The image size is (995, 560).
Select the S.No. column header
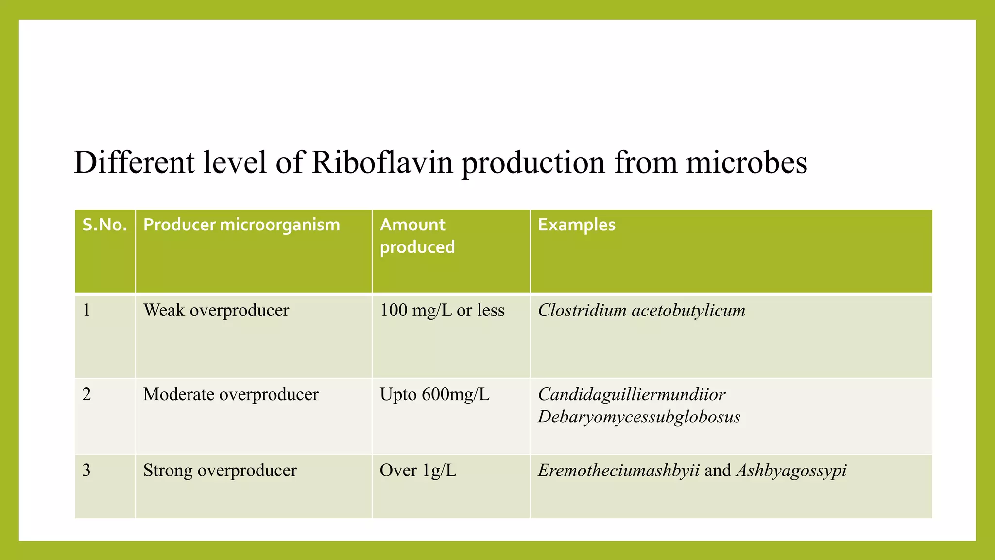(x=104, y=225)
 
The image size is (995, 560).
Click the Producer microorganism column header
(x=241, y=225)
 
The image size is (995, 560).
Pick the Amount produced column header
(x=417, y=236)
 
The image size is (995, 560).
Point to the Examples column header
(x=576, y=225)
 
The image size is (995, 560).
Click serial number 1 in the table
(x=87, y=310)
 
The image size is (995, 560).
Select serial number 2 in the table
(x=87, y=394)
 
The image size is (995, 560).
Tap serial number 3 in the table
(x=87, y=471)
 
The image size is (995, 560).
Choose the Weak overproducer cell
(x=216, y=310)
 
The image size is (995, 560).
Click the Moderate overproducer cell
(x=231, y=394)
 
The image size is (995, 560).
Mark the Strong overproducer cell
(x=220, y=471)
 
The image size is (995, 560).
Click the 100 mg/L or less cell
(x=442, y=310)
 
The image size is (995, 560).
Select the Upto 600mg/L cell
(x=434, y=394)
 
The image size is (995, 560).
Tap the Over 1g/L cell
(x=418, y=471)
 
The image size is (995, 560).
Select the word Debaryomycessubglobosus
(x=639, y=417)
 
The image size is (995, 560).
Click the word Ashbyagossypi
(x=791, y=471)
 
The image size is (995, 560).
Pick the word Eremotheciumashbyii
(x=618, y=471)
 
